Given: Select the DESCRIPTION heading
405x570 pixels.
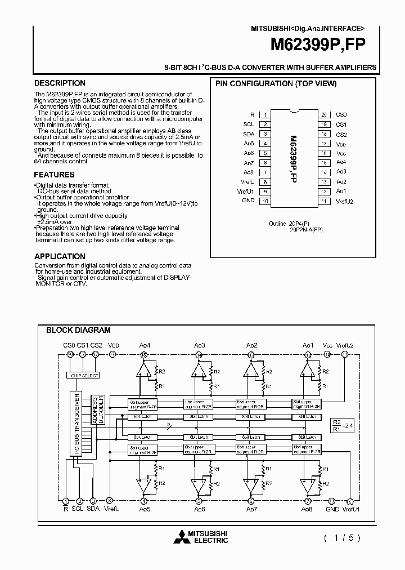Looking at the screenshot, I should pyautogui.click(x=60, y=83).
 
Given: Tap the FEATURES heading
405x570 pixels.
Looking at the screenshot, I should pyautogui.click(x=54, y=175).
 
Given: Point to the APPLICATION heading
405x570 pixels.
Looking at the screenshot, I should pyautogui.click(x=60, y=256).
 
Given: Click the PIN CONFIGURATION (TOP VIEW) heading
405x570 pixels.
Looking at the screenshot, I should pyautogui.click(x=276, y=84).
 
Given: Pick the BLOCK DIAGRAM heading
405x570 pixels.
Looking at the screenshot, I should pyautogui.click(x=78, y=331).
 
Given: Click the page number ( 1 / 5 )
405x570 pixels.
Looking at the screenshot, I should pyautogui.click(x=341, y=537).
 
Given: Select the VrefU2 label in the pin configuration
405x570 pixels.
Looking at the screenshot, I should pyautogui.click(x=344, y=201).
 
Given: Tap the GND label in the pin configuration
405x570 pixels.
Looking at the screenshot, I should pyautogui.click(x=248, y=201).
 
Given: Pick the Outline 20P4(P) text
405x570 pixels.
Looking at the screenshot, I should pyautogui.click(x=288, y=224).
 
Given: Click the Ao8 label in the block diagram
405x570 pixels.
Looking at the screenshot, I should pyautogui.click(x=307, y=509).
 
